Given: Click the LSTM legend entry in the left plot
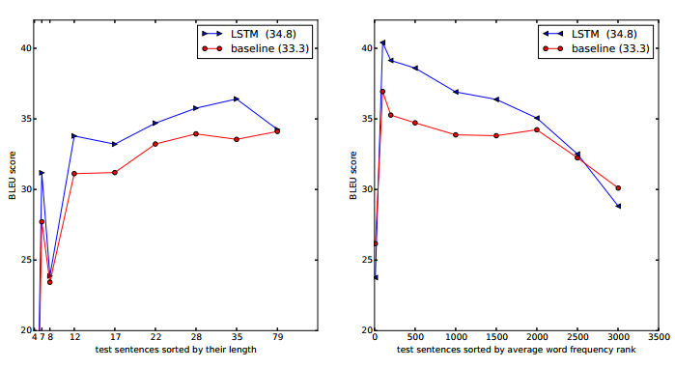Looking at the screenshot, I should pyautogui.click(x=255, y=33).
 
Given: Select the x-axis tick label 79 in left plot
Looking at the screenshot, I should pyautogui.click(x=277, y=338).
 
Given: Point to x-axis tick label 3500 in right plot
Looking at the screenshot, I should pyautogui.click(x=658, y=338).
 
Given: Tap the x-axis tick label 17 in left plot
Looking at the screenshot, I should pyautogui.click(x=115, y=338).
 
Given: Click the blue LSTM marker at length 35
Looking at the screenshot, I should pyautogui.click(x=237, y=99).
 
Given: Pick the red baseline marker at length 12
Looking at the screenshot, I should pyautogui.click(x=74, y=174).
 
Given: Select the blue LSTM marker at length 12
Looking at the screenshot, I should pyautogui.click(x=74, y=135).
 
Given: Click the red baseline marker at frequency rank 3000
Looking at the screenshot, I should pyautogui.click(x=618, y=188).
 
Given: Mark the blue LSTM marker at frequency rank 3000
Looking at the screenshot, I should pyautogui.click(x=618, y=206).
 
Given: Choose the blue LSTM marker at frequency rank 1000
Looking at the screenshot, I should pyautogui.click(x=456, y=92).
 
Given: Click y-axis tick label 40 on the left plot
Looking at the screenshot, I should pyautogui.click(x=26, y=48).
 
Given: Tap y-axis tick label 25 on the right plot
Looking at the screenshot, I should pyautogui.click(x=363, y=260).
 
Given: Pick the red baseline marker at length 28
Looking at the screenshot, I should pyautogui.click(x=196, y=134).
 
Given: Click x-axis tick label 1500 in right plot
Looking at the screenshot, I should pyautogui.click(x=496, y=338).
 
